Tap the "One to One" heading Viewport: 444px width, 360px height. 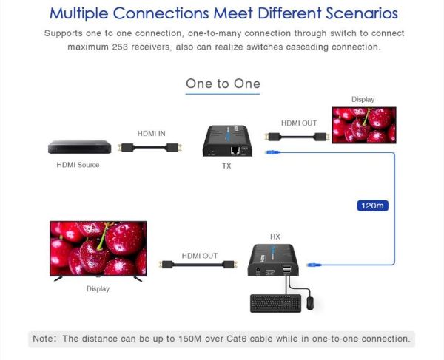[x=223, y=84]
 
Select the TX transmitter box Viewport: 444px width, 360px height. [x=227, y=141]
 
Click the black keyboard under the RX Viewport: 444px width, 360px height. [x=275, y=303]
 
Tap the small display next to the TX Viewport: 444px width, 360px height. [x=363, y=124]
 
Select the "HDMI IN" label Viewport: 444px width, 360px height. [x=152, y=133]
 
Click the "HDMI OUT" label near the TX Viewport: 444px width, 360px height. [x=298, y=123]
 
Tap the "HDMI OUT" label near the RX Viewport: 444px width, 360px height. [x=200, y=255]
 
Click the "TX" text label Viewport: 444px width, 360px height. [x=226, y=166]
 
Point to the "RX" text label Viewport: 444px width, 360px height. [x=275, y=237]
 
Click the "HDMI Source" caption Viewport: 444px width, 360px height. [x=78, y=164]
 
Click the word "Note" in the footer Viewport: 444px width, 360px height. [x=43, y=339]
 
